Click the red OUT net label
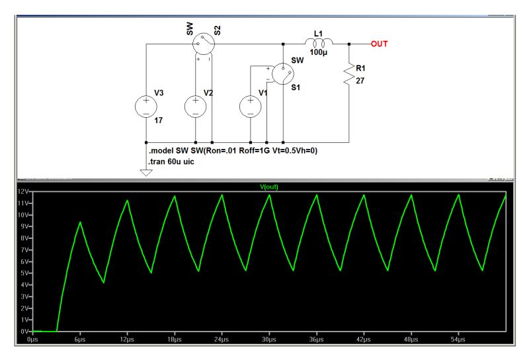tap(379, 44)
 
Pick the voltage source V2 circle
tap(197, 107)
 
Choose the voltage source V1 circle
tap(251, 107)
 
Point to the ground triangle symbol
tap(146, 173)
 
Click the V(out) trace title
tap(270, 187)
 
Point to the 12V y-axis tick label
tap(23, 192)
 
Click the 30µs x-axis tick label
tap(268, 339)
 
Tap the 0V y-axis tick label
tap(25, 331)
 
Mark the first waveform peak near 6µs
tap(80, 222)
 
